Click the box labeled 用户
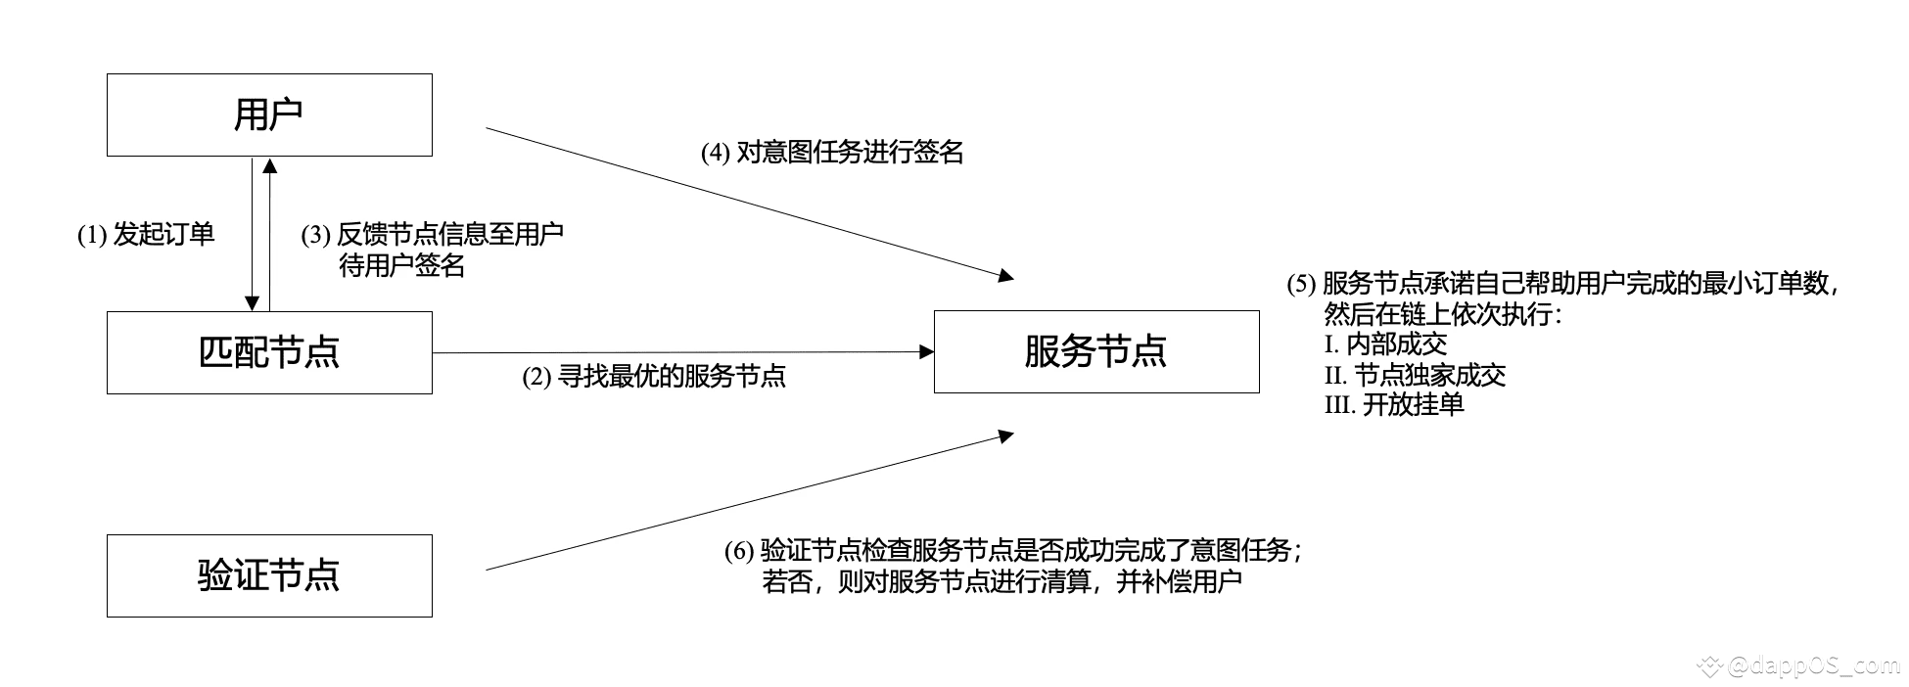pyautogui.click(x=269, y=114)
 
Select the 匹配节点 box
pyautogui.click(x=269, y=352)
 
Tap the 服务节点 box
pyautogui.click(x=1096, y=351)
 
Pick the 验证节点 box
pyautogui.click(x=269, y=575)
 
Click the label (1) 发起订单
pyautogui.click(x=146, y=235)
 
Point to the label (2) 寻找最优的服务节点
pyautogui.click(x=654, y=377)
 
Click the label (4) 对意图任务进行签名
pyautogui.click(x=832, y=153)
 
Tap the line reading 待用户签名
pyautogui.click(x=401, y=266)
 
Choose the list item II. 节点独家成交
pyautogui.click(x=1415, y=375)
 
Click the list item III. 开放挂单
pyautogui.click(x=1394, y=405)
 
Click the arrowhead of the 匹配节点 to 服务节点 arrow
pyautogui.click(x=926, y=351)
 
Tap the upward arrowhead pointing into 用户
pyautogui.click(x=270, y=165)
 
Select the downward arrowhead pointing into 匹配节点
pyautogui.click(x=253, y=302)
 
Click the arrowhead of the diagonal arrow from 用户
pyautogui.click(x=1005, y=276)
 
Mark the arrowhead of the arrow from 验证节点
pyautogui.click(x=1005, y=436)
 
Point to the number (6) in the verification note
pyautogui.click(x=739, y=552)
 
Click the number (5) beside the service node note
pyautogui.click(x=1301, y=285)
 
